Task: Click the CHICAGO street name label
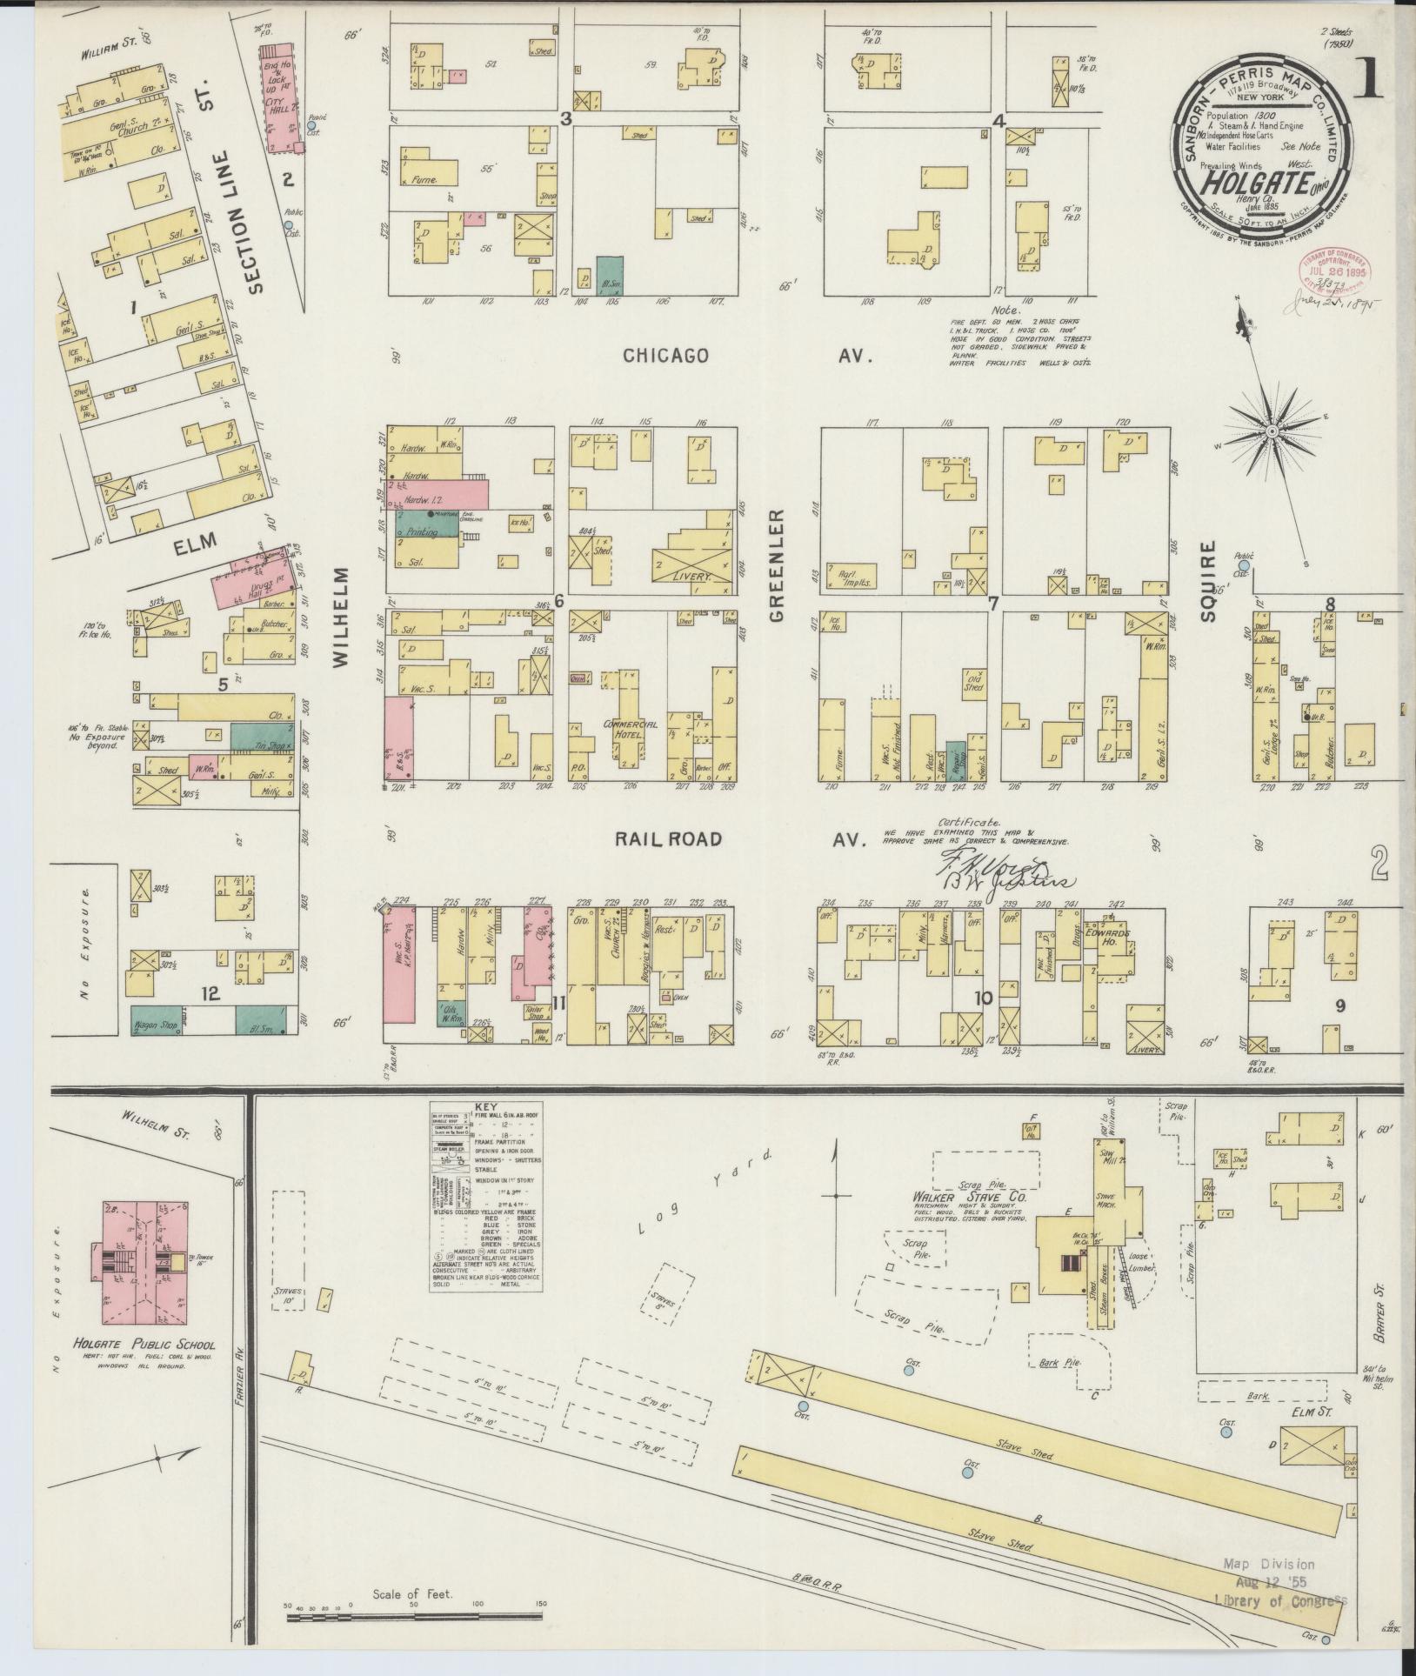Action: [x=665, y=356]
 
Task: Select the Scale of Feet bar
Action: [x=415, y=1619]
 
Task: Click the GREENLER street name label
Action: [x=777, y=566]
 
